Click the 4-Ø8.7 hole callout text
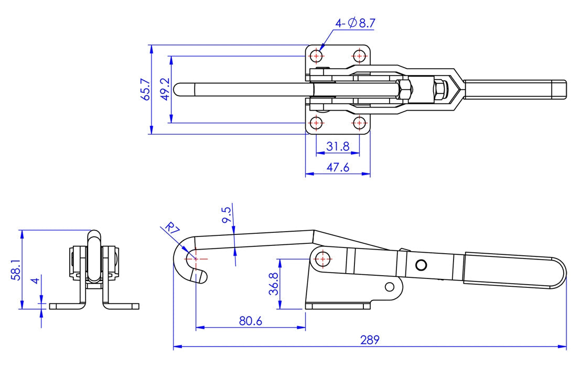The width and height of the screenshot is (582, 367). [355, 23]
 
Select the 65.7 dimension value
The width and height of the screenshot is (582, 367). [146, 89]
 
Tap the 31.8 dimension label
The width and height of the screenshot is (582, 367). [338, 147]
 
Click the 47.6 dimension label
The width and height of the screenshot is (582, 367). [338, 167]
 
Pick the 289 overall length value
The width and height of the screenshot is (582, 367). [370, 340]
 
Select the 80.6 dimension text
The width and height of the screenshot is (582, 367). [250, 321]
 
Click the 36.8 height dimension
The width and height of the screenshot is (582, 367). [273, 284]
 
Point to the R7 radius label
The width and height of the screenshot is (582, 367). [170, 229]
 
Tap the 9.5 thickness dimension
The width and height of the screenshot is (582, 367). [226, 215]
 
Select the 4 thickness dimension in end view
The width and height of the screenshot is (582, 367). [35, 280]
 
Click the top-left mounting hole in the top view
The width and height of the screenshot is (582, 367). [317, 55]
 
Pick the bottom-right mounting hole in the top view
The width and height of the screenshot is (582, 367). [359, 123]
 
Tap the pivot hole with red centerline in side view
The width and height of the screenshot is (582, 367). [322, 258]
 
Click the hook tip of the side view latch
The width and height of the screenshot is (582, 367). [203, 277]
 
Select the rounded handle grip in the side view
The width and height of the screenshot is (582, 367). [514, 271]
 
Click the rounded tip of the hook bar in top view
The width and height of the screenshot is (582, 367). [179, 89]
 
